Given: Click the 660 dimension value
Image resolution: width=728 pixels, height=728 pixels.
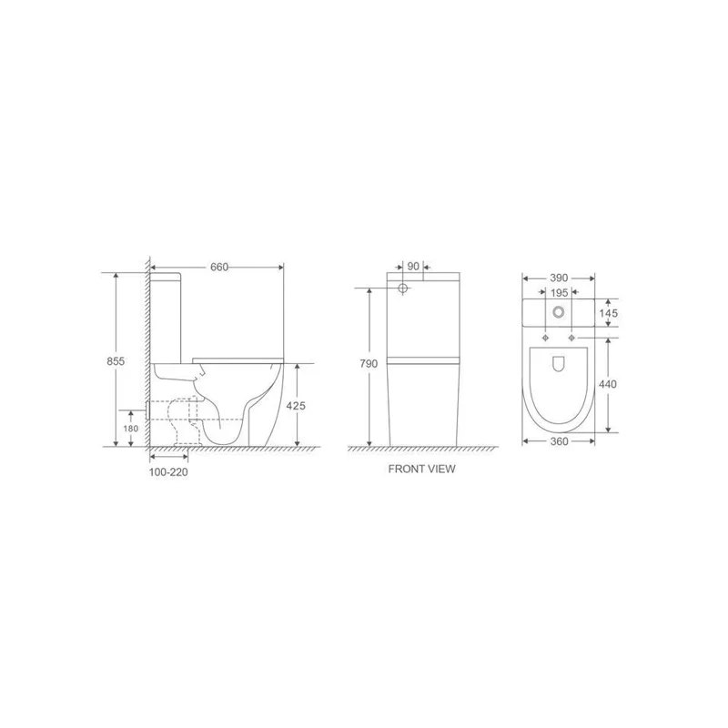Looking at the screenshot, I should point(218,267).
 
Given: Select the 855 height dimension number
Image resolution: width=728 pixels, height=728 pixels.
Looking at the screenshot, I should point(116,360).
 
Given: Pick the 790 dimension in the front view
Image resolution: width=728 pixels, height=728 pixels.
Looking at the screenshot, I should point(368,363).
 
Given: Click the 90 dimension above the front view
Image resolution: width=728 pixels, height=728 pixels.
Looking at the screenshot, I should point(413,267).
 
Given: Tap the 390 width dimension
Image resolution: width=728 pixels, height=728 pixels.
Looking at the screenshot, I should point(558,277).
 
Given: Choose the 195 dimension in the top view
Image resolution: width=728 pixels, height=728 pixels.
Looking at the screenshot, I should point(558,292).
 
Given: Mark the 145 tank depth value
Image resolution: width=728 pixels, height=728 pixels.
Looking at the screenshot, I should point(609,313).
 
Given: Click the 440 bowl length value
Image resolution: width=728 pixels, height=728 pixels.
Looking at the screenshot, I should point(608,384).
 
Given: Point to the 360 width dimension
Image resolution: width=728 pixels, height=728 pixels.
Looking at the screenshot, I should point(558,441).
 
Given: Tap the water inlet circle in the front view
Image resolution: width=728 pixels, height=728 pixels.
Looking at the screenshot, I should point(402,289).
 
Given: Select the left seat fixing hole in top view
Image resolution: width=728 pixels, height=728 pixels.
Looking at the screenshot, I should point(545,338).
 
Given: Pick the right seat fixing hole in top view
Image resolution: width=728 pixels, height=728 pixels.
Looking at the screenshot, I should point(571,338).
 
